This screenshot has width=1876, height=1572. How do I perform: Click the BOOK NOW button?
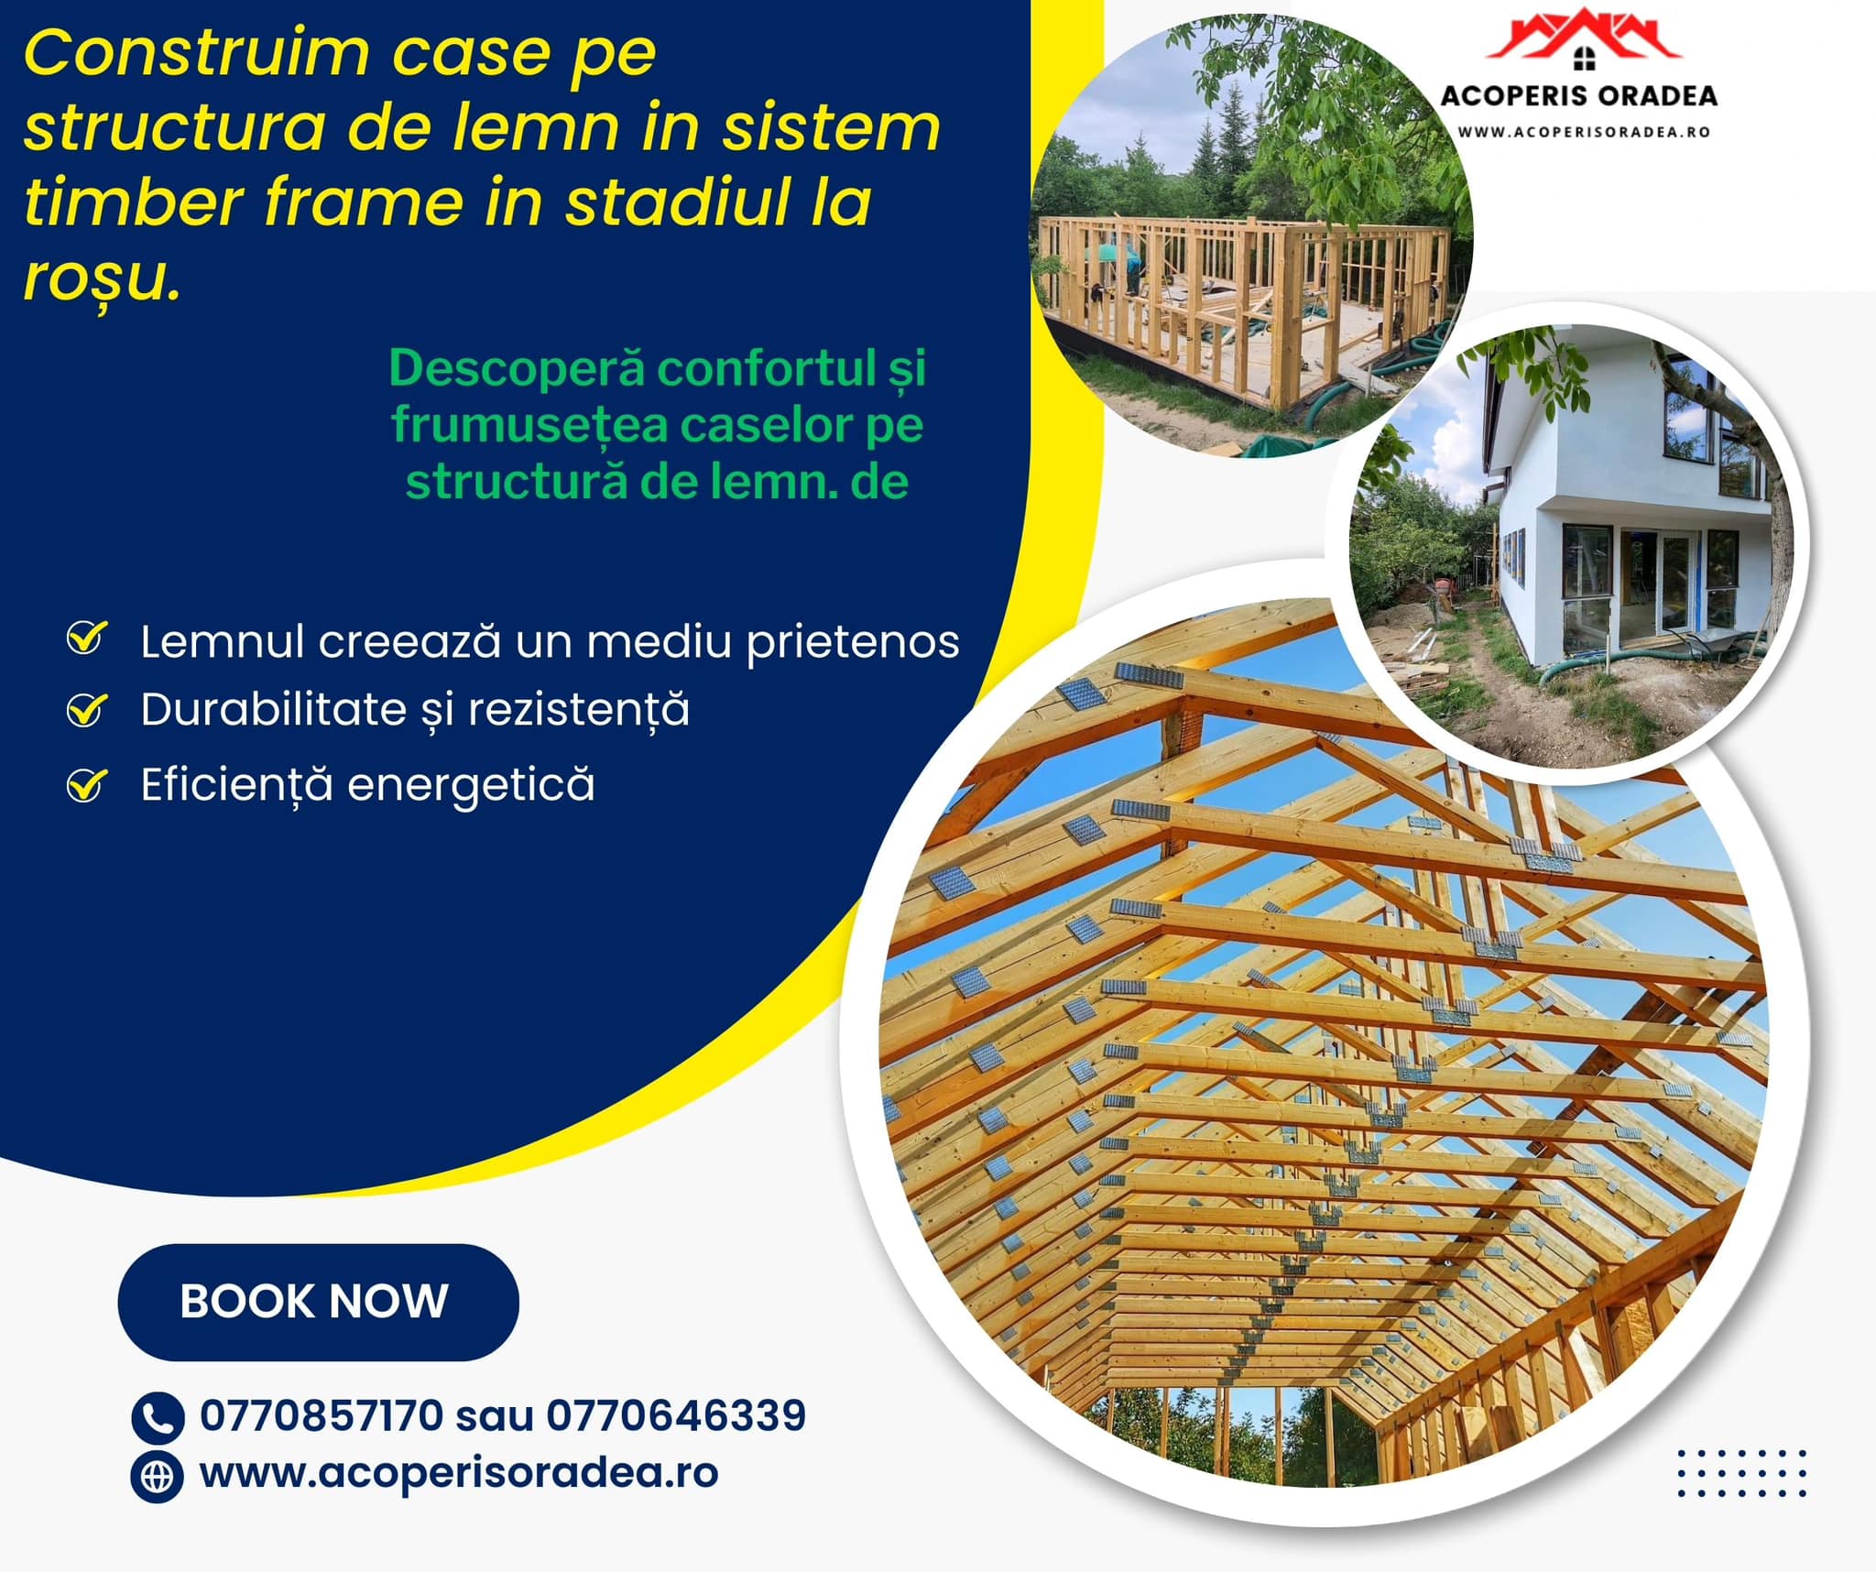318,1302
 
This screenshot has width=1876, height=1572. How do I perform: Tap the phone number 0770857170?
322,1415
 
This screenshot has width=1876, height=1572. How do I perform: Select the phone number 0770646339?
676,1415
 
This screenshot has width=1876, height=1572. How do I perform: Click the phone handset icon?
158,1418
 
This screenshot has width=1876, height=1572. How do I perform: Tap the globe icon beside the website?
158,1477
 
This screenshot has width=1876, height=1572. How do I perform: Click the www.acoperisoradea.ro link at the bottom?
459,1474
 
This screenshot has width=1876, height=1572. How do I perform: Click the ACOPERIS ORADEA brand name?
1579,96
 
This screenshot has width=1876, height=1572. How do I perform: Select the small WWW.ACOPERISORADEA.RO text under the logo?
1584,132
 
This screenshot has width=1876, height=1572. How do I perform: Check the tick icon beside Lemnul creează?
86,638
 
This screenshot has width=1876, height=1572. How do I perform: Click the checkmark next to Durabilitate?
86,710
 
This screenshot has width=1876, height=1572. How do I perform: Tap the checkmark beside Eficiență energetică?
86,784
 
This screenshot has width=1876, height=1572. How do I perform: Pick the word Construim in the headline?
197,54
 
